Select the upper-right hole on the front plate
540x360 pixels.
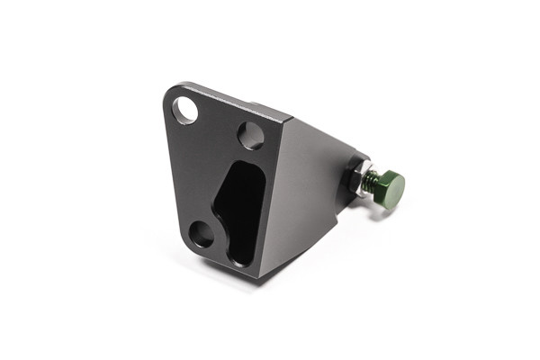[250, 136]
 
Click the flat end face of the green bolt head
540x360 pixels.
[393, 187]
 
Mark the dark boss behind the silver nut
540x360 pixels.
[349, 171]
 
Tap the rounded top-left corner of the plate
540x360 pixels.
[173, 93]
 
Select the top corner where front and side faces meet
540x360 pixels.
[290, 119]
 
